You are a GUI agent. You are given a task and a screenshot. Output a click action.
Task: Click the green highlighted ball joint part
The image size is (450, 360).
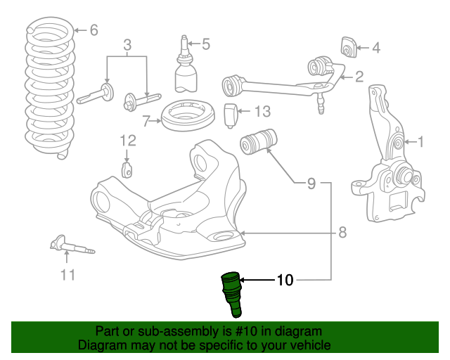pos(231,292)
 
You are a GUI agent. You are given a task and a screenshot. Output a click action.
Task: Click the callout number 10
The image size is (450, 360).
pos(285,281)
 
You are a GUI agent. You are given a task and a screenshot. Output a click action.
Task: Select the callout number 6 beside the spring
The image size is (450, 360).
pos(94,30)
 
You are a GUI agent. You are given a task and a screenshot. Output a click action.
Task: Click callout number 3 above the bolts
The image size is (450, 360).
pos(127,47)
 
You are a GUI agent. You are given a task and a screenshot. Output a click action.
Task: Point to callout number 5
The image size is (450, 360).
pos(205,44)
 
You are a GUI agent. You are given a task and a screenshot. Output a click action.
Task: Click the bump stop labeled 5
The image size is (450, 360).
pos(186,73)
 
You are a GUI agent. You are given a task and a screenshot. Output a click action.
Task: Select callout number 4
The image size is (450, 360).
pos(375,49)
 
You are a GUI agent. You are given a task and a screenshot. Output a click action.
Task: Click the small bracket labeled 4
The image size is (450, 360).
pos(347,46)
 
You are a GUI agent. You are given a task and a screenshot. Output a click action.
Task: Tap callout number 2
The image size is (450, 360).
pos(359,77)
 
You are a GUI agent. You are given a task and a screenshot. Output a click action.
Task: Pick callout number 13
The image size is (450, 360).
pos(262,111)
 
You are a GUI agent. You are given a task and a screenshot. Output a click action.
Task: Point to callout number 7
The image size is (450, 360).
pos(146,120)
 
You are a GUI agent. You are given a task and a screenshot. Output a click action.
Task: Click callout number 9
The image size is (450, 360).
pos(311,184)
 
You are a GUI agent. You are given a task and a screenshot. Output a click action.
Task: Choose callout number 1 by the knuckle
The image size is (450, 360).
pos(421,143)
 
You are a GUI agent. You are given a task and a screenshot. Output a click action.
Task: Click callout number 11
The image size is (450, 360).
pos(67,274)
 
